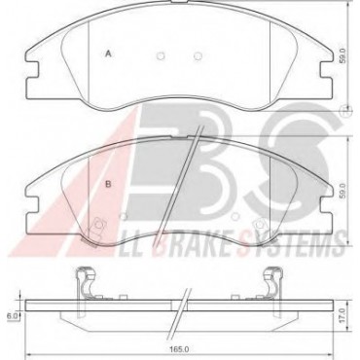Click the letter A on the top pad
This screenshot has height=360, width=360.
[109, 54]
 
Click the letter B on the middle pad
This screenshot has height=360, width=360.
[109, 184]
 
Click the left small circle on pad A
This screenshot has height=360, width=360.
[161, 56]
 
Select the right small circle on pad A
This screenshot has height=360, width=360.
[198, 56]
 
